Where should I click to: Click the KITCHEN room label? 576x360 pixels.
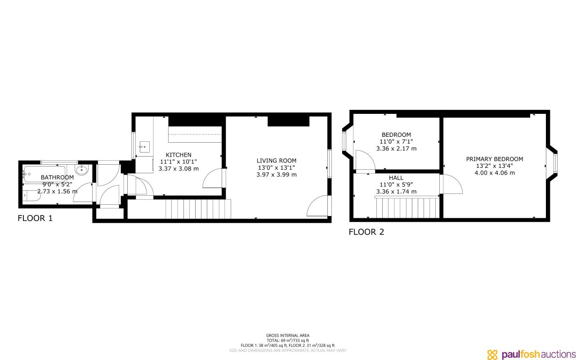coord(179,155)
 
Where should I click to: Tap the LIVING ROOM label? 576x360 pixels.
coord(277,161)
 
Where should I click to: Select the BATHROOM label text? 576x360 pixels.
coord(57,177)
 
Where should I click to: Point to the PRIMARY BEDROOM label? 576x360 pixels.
coord(495,159)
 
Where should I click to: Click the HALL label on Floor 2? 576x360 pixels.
coord(396,178)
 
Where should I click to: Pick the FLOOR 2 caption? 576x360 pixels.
coord(366,232)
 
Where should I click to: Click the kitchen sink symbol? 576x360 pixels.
coord(144,146)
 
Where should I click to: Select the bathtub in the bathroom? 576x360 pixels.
coord(44,171)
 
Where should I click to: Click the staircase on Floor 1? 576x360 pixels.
coord(198,209)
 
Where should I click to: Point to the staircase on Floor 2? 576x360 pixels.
coord(407,207)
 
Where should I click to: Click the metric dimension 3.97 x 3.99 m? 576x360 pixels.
coord(277,175)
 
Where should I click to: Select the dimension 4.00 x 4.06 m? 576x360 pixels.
coord(495,172)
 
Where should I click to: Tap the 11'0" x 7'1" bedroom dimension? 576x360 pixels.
coord(396,141)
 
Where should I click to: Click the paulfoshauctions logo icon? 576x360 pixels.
coord(493,354)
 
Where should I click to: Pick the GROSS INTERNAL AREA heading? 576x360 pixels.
coord(288,335)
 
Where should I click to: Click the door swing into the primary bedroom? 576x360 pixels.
coord(452,184)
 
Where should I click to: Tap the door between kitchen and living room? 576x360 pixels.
coord(214,178)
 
